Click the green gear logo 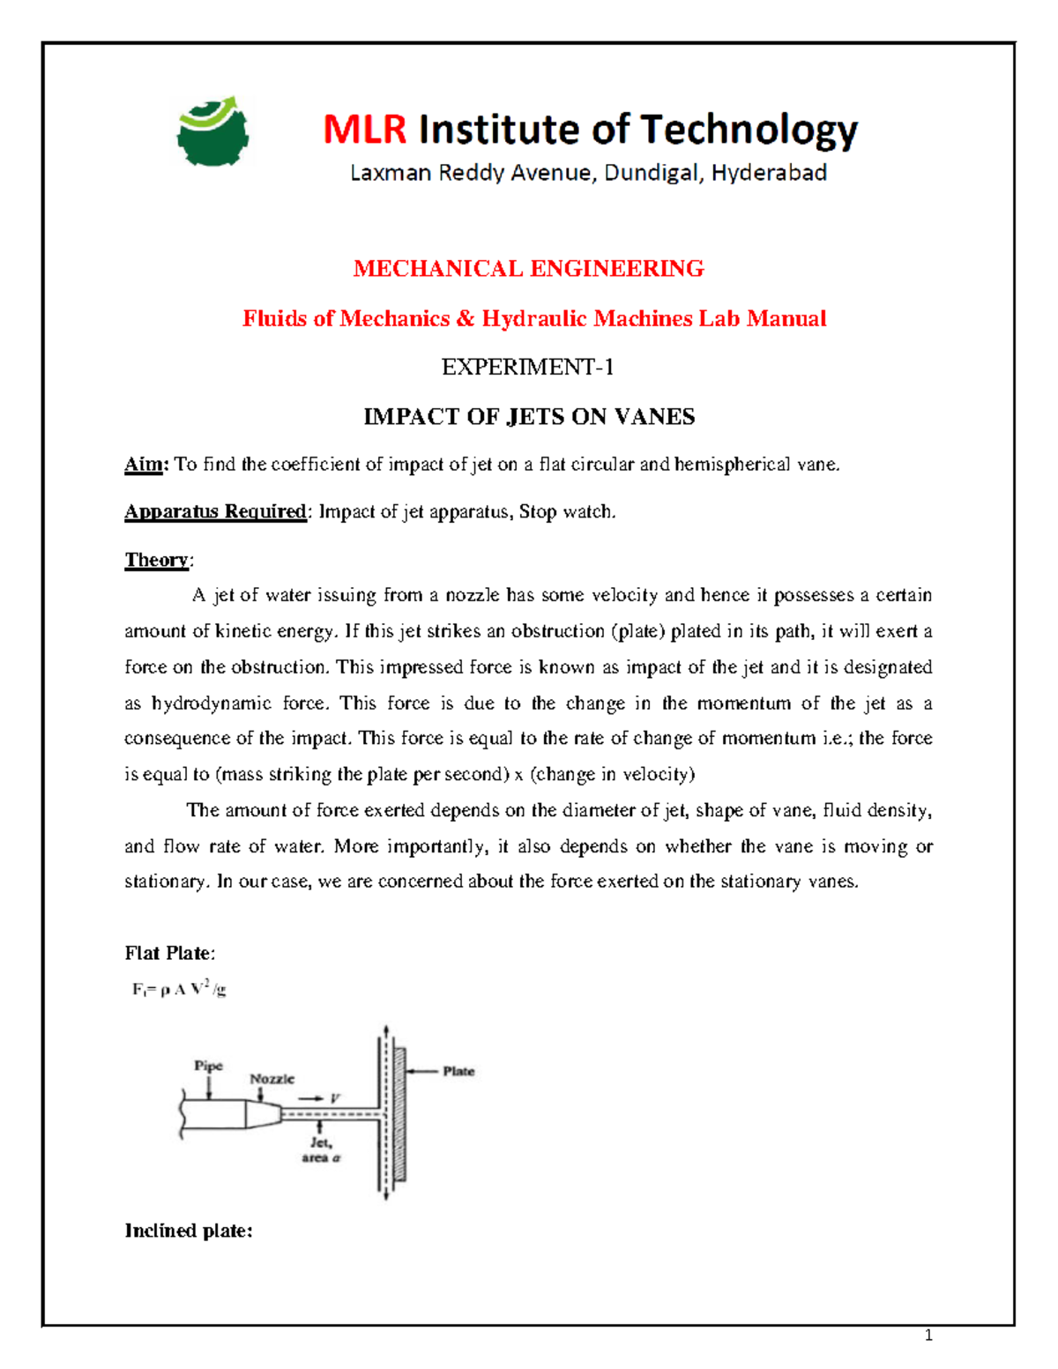(212, 132)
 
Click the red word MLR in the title (364, 130)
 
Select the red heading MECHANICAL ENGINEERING (528, 269)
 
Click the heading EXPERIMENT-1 (527, 367)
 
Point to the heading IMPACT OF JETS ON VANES (529, 417)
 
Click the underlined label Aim (145, 465)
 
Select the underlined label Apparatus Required (215, 512)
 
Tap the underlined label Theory (157, 561)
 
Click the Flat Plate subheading (169, 953)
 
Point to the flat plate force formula (179, 990)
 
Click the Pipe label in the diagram (209, 1066)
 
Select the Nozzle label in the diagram (272, 1079)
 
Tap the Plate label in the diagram (458, 1071)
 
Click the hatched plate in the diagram (399, 1114)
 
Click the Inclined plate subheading (189, 1231)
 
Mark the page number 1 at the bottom (928, 1335)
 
